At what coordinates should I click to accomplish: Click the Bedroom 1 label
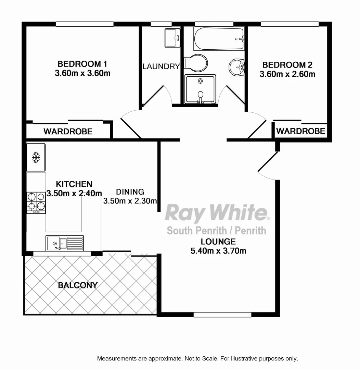coord(82,64)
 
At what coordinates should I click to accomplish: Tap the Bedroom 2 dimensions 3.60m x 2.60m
coord(287,74)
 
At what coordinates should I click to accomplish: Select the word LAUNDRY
coord(161,66)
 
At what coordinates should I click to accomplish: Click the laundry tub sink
coord(172,38)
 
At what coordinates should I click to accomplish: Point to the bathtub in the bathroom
coord(219,39)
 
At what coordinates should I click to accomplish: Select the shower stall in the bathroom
coord(200,89)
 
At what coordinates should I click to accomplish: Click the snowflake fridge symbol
coord(36,157)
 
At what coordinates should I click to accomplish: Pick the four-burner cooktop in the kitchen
coord(36,203)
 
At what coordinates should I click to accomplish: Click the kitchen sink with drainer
coord(65,243)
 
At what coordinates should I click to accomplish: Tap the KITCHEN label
coord(74,184)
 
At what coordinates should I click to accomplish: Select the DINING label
coord(130,192)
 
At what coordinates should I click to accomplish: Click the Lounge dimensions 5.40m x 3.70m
coord(218,251)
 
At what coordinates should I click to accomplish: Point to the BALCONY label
coord(78,285)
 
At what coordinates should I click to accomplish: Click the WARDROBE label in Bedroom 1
coord(68,131)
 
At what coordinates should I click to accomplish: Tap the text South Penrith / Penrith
coord(216,231)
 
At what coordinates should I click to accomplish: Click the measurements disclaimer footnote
coord(197,359)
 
